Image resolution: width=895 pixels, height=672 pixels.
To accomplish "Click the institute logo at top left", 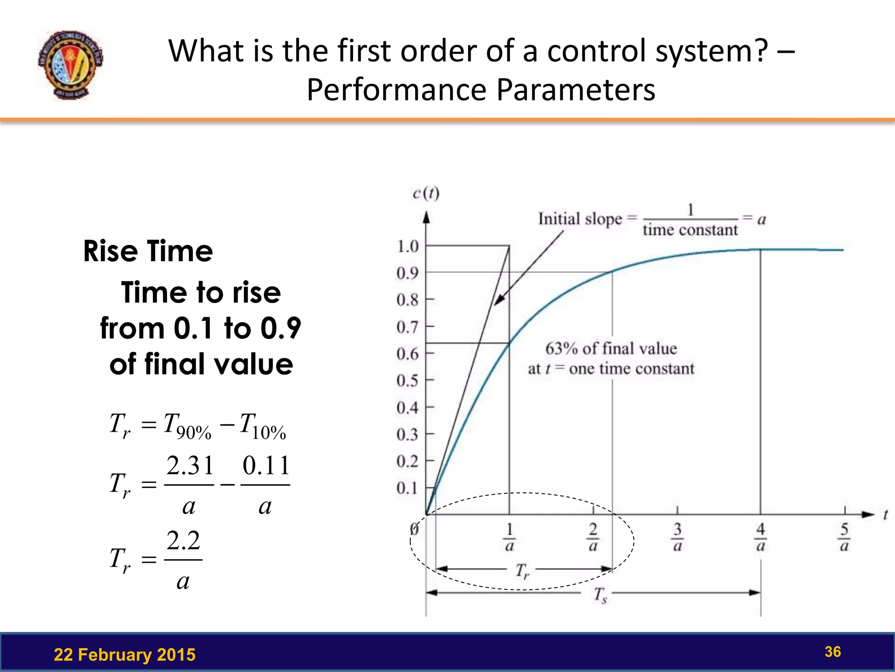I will click(71, 65).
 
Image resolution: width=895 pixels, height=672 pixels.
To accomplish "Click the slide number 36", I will click(833, 652).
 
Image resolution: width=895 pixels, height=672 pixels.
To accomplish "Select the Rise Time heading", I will click(148, 252).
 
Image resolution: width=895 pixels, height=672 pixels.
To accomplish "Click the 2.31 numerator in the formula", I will click(190, 465).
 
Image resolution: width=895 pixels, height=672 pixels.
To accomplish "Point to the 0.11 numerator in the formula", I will click(266, 465).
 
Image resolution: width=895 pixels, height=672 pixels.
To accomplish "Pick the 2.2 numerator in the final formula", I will click(184, 541).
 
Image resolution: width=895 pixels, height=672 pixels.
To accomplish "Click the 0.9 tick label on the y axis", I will click(407, 273).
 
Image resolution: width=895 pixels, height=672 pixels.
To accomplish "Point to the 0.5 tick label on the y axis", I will click(407, 381).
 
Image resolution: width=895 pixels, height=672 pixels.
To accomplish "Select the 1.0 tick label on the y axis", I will click(407, 247).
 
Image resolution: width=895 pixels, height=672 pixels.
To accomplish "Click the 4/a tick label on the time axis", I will click(761, 537).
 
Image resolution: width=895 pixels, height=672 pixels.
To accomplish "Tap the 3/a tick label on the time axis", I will click(677, 537).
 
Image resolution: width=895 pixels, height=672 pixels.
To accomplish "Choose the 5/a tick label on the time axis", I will click(844, 537).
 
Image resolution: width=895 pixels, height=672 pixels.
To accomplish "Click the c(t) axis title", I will click(426, 193).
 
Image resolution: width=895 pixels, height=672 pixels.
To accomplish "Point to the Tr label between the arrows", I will click(522, 571).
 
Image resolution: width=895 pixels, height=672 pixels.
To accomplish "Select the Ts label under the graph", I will click(600, 595).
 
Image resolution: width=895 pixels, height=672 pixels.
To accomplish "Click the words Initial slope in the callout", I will click(580, 219).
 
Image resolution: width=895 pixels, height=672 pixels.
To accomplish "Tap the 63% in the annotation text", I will click(561, 349).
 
